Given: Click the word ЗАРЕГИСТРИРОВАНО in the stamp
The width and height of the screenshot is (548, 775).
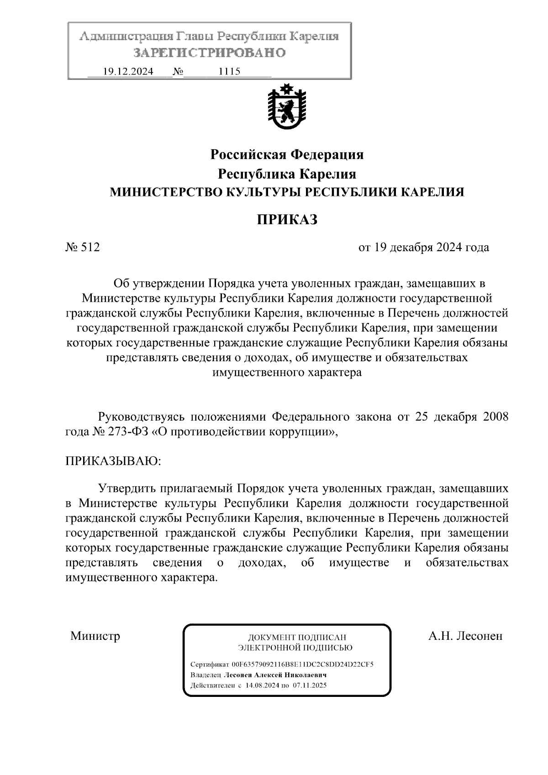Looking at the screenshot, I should click(210, 53).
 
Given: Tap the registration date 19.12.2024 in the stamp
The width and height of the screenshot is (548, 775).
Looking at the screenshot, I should click(128, 71).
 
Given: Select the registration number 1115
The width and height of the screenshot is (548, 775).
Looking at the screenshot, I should click(230, 71).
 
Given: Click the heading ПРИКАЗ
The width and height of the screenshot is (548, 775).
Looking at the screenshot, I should click(287, 220).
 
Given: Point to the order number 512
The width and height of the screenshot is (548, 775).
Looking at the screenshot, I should click(90, 248).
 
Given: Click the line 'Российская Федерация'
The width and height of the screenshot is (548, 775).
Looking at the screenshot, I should click(287, 155).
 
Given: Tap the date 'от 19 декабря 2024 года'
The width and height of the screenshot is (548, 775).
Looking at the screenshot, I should click(423, 248).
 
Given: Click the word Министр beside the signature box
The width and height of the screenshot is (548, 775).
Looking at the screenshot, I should click(95, 636).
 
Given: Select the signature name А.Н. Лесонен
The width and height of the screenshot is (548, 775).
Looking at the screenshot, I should click(465, 636).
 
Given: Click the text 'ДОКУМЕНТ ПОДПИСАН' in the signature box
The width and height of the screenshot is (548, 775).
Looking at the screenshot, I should click(297, 637).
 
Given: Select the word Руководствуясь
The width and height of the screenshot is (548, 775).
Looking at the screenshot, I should click(141, 417).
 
